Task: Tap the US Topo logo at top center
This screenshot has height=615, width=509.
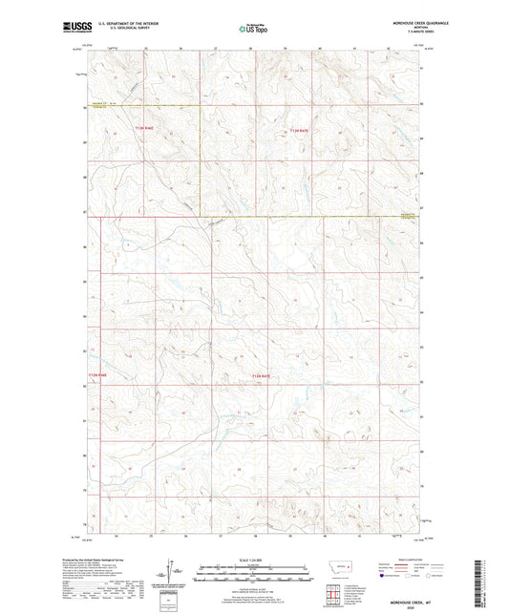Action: (x=253, y=29)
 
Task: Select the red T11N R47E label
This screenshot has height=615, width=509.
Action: (x=261, y=376)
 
